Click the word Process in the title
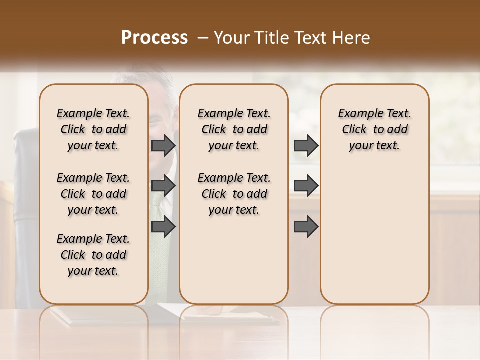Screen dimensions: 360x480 (x=154, y=38)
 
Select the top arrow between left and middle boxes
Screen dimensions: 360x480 (x=163, y=145)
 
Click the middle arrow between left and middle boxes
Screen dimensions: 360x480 (x=163, y=186)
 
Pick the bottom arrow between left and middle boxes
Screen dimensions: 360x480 (x=163, y=227)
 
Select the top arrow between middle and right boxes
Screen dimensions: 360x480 (x=306, y=145)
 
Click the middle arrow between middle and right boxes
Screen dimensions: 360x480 (x=306, y=186)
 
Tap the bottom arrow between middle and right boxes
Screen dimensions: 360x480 (x=306, y=227)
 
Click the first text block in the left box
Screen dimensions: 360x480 (x=93, y=129)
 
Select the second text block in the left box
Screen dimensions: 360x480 (x=93, y=194)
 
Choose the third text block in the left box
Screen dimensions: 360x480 (x=93, y=255)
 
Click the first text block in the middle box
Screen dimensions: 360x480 (x=234, y=129)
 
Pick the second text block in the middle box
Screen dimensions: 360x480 (x=234, y=194)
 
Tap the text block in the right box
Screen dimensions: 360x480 (x=374, y=129)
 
